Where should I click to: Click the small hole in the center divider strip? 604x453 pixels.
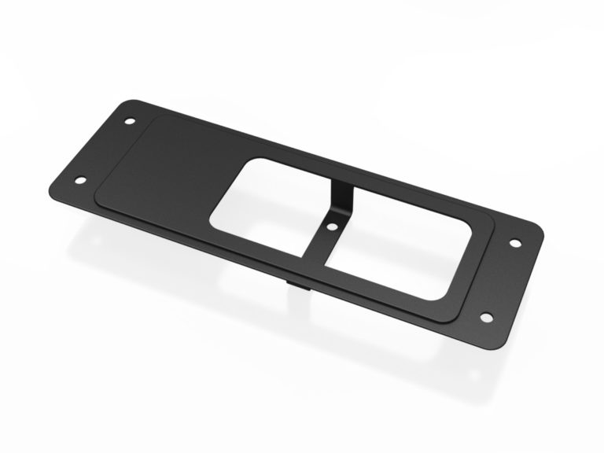(x=333, y=226)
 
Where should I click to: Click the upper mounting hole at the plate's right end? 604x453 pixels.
(x=517, y=243)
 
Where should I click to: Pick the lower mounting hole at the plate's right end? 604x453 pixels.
(x=486, y=318)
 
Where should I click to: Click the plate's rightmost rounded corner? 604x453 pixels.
(x=543, y=237)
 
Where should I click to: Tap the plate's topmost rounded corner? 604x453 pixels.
(x=130, y=103)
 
